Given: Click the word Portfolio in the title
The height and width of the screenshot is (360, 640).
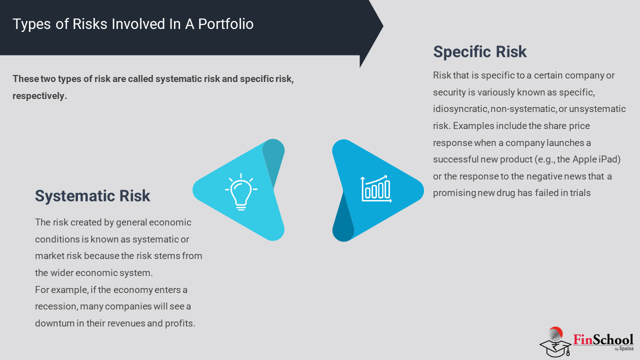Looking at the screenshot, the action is [x=225, y=24].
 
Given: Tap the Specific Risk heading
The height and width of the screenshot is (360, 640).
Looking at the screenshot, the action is [x=479, y=51].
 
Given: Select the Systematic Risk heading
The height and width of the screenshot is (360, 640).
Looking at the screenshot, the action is [x=92, y=196].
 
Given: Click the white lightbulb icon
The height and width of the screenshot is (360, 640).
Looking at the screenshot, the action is [x=241, y=192].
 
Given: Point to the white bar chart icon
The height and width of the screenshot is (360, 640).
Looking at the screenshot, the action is [x=376, y=189].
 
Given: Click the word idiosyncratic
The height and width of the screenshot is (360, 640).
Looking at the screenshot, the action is [x=460, y=109].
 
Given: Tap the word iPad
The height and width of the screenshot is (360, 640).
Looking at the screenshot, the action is [x=609, y=159].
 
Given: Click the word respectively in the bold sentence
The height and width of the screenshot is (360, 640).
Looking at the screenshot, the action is [x=39, y=96].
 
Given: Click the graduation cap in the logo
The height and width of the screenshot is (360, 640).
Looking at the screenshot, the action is [x=555, y=347].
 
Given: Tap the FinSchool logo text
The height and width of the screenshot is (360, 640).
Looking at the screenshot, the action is [x=603, y=339].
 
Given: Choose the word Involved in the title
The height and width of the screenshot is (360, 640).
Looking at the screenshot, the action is [x=138, y=24].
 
